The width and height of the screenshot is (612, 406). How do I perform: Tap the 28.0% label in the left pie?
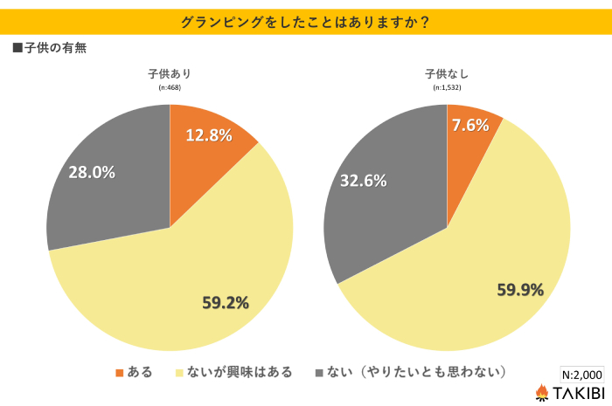(x=93, y=172)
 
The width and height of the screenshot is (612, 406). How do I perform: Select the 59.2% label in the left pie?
(x=226, y=303)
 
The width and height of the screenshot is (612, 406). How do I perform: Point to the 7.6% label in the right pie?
(x=469, y=125)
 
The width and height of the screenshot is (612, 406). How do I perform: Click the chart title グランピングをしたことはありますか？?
(x=305, y=22)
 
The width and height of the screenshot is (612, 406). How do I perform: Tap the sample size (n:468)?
(x=170, y=88)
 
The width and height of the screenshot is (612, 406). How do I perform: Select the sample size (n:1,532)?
(x=447, y=88)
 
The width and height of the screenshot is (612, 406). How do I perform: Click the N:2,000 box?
(x=581, y=373)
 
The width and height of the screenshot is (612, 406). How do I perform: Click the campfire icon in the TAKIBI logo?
(x=542, y=393)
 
